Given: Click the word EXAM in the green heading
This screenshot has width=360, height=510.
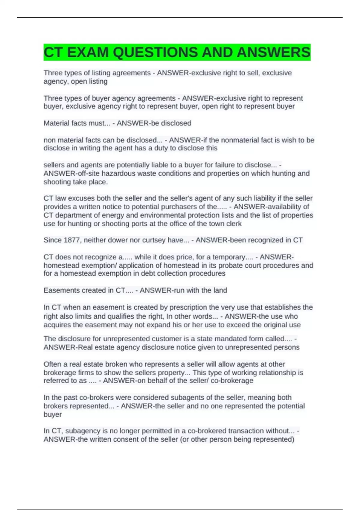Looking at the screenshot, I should click(87, 52).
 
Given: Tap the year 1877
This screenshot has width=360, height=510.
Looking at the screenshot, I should click(71, 240).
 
